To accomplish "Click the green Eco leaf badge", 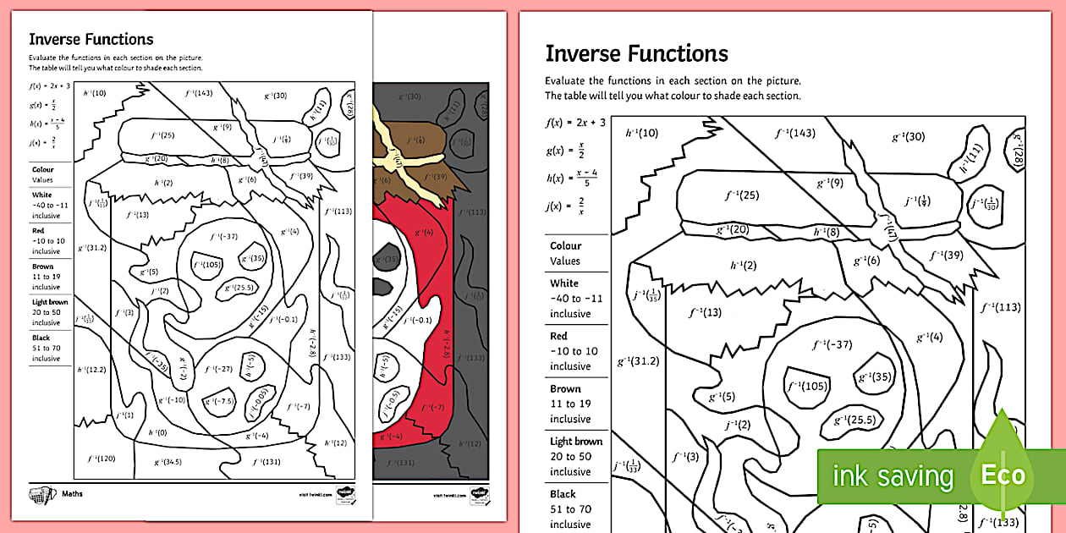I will pyautogui.click(x=1003, y=474).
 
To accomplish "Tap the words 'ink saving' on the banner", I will pyautogui.click(x=893, y=476).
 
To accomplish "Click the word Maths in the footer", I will pyautogui.click(x=71, y=492).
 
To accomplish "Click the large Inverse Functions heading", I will pyautogui.click(x=636, y=53).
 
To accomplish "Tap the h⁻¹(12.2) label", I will pyautogui.click(x=91, y=369).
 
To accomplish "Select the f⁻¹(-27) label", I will pyautogui.click(x=223, y=369).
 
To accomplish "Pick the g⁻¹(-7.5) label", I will pyautogui.click(x=221, y=401).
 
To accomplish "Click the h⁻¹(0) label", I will pyautogui.click(x=157, y=431).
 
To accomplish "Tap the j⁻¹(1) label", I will pyautogui.click(x=124, y=415).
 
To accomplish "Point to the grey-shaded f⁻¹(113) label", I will pyautogui.click(x=475, y=212).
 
